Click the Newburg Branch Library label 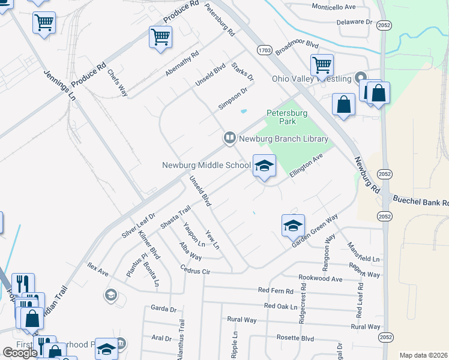[x=283, y=139]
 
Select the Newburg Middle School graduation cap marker [x=264, y=166]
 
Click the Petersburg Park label [x=287, y=117]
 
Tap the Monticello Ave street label [x=334, y=7]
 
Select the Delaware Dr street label [x=355, y=22]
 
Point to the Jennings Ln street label [x=60, y=84]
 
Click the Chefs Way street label [x=118, y=82]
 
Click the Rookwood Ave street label [x=321, y=278]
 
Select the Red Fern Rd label [x=276, y=290]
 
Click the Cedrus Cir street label [x=197, y=271]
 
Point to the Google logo [x=20, y=352]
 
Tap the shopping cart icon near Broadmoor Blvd [x=322, y=65]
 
